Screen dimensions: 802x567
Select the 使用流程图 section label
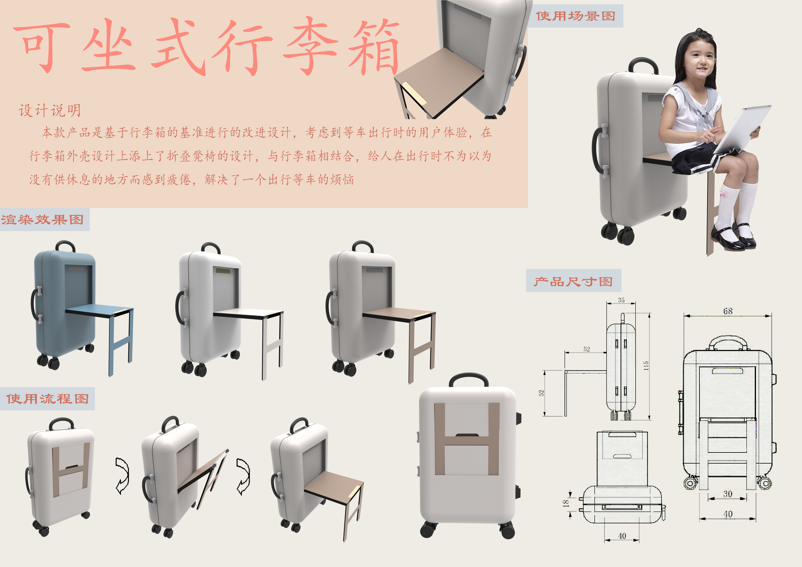pyautogui.click(x=48, y=399)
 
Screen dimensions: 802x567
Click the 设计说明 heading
pyautogui.click(x=50, y=111)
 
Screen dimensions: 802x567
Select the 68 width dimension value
pyautogui.click(x=728, y=311)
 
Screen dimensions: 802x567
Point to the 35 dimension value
pyautogui.click(x=621, y=300)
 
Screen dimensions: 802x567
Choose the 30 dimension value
pyautogui.click(x=728, y=494)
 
